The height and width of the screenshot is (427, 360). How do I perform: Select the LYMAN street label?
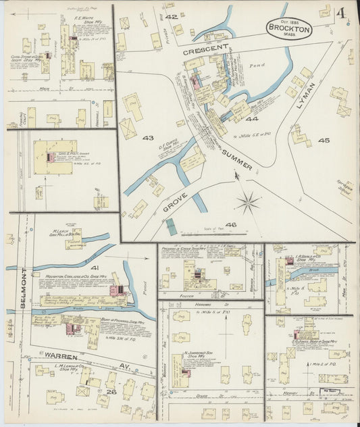click(x=305, y=97)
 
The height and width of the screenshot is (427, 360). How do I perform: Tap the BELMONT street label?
click(x=24, y=288)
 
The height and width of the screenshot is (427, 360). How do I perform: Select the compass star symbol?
click(x=248, y=201)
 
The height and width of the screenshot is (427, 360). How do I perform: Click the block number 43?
click(x=147, y=138)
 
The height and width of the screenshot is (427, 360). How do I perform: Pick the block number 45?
click(x=324, y=141)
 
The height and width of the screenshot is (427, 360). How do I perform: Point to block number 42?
click(x=171, y=16)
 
